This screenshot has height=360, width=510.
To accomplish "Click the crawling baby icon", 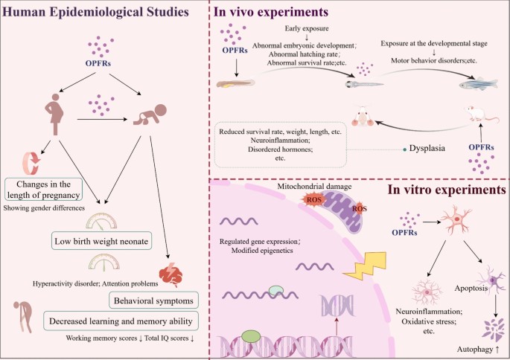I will coord(150,115).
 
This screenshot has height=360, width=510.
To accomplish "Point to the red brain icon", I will coord(172,274).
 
